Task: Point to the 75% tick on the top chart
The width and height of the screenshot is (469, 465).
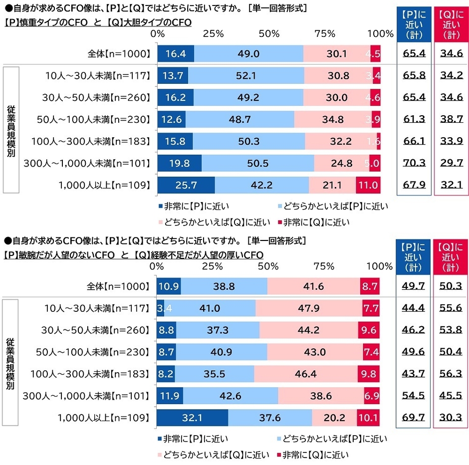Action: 325,34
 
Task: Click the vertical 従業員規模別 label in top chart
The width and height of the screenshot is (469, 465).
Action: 11,131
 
